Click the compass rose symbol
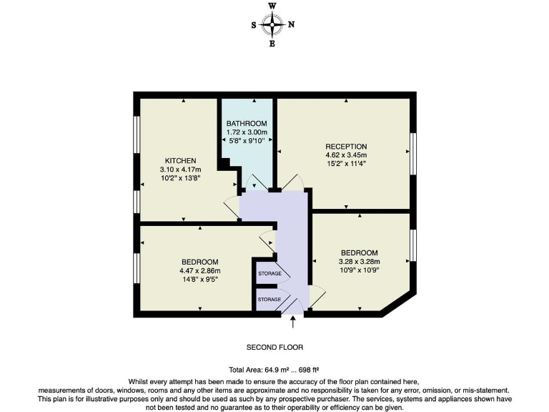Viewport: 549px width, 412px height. [272, 24]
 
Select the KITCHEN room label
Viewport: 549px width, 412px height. [180, 160]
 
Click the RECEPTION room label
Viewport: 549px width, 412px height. [346, 146]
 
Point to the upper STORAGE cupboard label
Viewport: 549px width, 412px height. [269, 274]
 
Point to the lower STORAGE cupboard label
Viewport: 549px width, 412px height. [269, 298]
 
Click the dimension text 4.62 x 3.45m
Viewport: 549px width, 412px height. [346, 155]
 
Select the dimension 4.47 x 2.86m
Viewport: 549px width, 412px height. [200, 271]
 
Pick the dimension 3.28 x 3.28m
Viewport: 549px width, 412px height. [359, 263]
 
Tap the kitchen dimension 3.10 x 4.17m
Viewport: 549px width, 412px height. [180, 170]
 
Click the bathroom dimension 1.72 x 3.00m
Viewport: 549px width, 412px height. [247, 132]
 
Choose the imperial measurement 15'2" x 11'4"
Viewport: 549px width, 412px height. [346, 165]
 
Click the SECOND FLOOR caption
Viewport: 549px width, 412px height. [274, 347]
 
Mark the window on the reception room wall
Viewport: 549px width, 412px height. [412, 152]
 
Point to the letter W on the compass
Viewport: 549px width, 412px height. [272, 6]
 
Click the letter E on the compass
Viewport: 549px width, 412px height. [272, 44]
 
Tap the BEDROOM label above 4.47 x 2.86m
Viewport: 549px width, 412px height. [200, 262]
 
